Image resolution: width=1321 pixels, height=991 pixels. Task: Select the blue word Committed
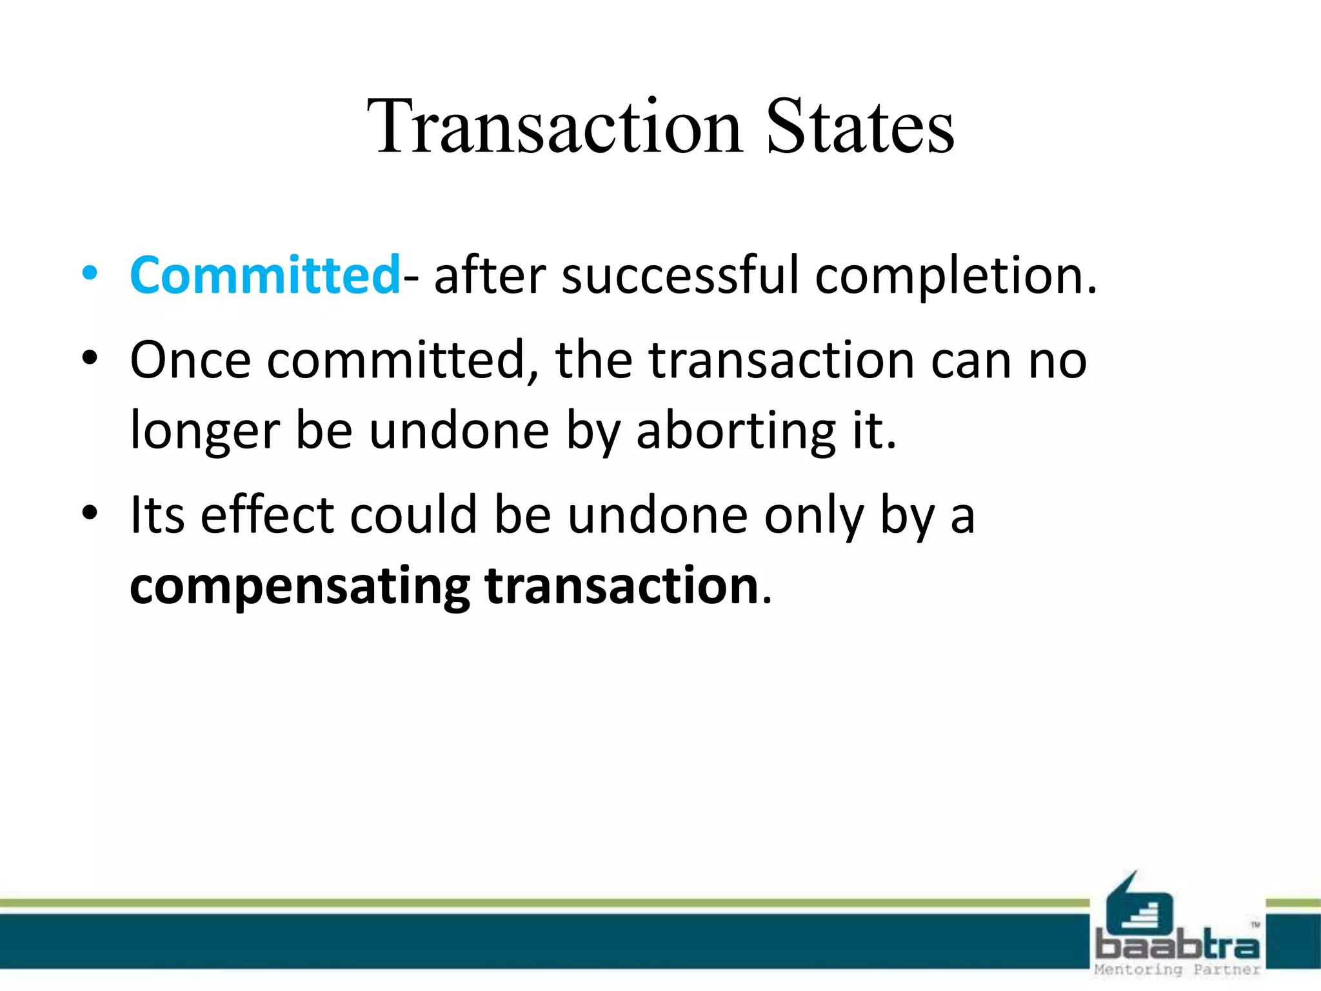[265, 275]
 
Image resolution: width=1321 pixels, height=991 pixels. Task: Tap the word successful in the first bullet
[680, 275]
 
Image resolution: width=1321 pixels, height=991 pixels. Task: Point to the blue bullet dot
[90, 274]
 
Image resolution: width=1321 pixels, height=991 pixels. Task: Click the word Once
[190, 360]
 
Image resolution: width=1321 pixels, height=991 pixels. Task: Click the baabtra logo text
[1177, 946]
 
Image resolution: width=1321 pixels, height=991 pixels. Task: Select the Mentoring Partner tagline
[1177, 970]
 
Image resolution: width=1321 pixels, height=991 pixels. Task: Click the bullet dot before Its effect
[90, 514]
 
